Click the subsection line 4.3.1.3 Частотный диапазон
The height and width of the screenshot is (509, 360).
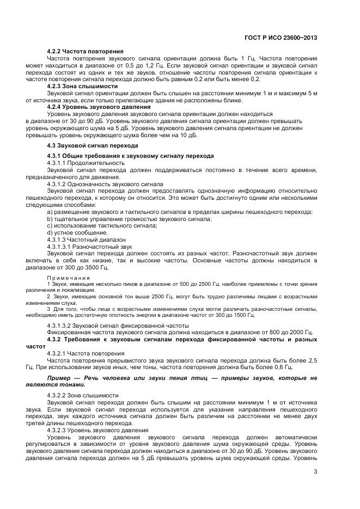pyautogui.click(x=86, y=240)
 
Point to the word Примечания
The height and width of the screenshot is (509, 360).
pyautogui.click(x=68, y=278)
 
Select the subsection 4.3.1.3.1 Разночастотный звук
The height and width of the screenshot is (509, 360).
pyautogui.click(x=93, y=247)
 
